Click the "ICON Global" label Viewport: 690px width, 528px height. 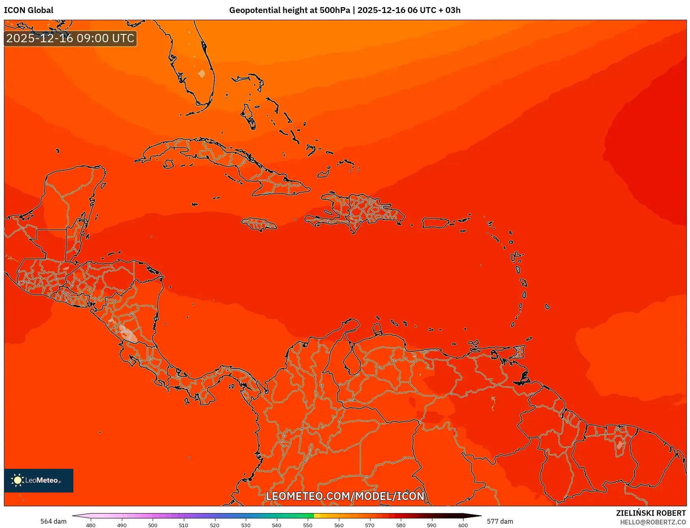[28, 10]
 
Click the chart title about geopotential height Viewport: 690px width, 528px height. [344, 10]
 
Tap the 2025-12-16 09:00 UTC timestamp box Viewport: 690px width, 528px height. [70, 38]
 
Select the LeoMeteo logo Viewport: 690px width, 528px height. [38, 480]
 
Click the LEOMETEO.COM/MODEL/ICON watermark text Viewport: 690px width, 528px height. [345, 496]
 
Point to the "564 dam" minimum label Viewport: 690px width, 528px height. [53, 521]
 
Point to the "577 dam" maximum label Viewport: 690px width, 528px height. [500, 521]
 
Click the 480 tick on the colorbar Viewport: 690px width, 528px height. [91, 525]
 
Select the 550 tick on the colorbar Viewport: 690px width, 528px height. [308, 525]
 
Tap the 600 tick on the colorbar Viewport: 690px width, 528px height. [463, 525]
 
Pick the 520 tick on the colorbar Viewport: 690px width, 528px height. [215, 525]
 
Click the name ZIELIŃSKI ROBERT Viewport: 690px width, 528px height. [651, 513]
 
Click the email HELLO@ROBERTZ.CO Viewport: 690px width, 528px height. [653, 522]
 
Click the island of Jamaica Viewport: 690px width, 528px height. [259, 224]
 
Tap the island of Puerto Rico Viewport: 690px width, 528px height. [436, 223]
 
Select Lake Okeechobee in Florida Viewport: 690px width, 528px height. [201, 74]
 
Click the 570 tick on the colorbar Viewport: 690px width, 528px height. [370, 525]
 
